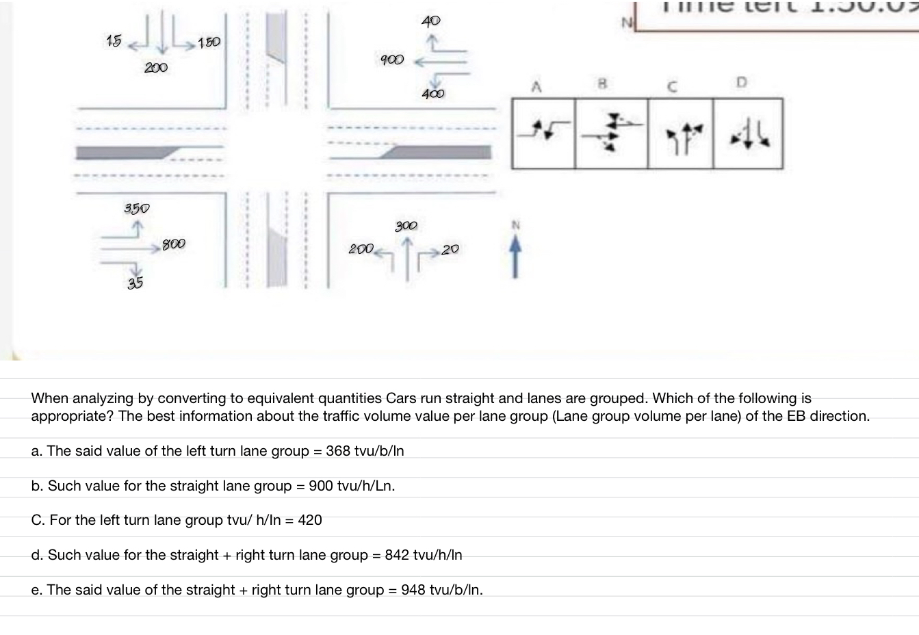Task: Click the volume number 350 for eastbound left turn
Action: [137, 208]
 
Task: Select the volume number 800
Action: [173, 244]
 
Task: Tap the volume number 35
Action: [135, 283]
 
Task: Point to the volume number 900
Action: [392, 60]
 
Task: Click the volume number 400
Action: [432, 94]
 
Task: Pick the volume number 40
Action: [431, 21]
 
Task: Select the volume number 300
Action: [406, 225]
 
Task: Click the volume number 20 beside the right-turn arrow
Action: [450, 250]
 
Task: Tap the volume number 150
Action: [209, 42]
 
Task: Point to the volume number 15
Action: [114, 41]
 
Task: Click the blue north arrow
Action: [516, 257]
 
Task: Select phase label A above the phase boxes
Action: [537, 87]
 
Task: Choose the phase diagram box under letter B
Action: [611, 133]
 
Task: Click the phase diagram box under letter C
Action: [680, 133]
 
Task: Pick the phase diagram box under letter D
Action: [747, 133]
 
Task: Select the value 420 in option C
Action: [310, 520]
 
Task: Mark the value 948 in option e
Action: [413, 590]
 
